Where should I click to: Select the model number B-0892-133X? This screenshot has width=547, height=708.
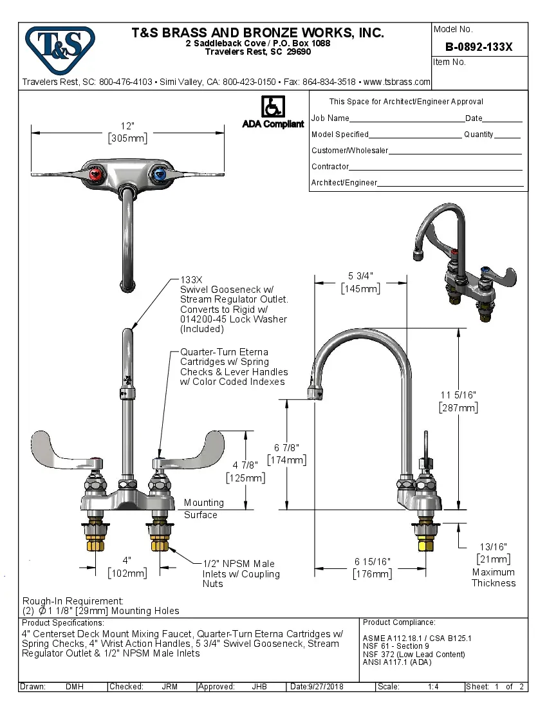pyautogui.click(x=479, y=47)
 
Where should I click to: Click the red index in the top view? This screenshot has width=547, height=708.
pyautogui.click(x=95, y=174)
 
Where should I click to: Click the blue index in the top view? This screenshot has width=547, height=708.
pyautogui.click(x=160, y=174)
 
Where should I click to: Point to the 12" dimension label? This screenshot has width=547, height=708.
pyautogui.click(x=127, y=126)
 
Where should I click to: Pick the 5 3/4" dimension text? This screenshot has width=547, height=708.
pyautogui.click(x=360, y=276)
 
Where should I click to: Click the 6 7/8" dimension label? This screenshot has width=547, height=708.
pyautogui.click(x=287, y=447)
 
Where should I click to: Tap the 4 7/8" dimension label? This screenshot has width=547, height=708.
pyautogui.click(x=245, y=465)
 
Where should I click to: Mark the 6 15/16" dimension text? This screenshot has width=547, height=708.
pyautogui.click(x=371, y=562)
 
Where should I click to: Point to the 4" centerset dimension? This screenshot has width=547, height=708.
pyautogui.click(x=127, y=560)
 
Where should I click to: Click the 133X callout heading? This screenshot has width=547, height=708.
pyautogui.click(x=192, y=280)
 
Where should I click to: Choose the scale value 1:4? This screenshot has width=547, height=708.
pyautogui.click(x=433, y=687)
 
